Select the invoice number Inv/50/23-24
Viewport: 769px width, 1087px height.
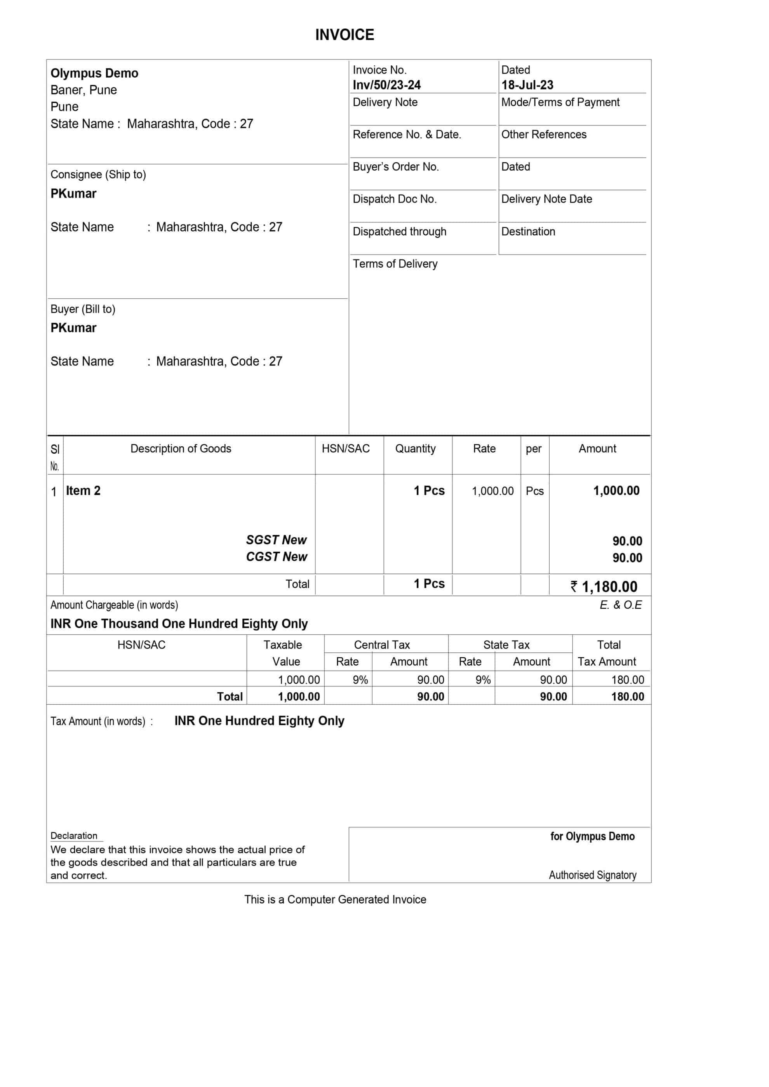coord(386,85)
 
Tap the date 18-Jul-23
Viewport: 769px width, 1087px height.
coord(527,85)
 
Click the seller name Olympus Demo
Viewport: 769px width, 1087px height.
coord(94,73)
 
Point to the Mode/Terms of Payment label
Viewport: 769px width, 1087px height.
coord(560,102)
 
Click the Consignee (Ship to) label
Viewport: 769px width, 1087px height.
coord(98,174)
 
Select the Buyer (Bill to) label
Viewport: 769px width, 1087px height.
coord(83,309)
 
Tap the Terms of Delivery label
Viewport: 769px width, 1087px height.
coord(395,264)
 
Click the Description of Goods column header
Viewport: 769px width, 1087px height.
coord(181,449)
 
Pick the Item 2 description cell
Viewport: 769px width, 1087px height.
coord(84,491)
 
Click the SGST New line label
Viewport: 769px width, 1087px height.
coord(276,540)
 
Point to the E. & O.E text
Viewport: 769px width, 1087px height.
coord(620,605)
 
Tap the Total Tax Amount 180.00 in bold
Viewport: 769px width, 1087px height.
coord(627,696)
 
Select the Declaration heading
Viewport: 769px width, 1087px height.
coord(74,836)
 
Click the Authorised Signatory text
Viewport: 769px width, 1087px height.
coord(592,875)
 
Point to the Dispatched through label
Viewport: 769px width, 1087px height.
coord(399,232)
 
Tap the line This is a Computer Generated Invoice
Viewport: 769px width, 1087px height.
coord(335,899)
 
